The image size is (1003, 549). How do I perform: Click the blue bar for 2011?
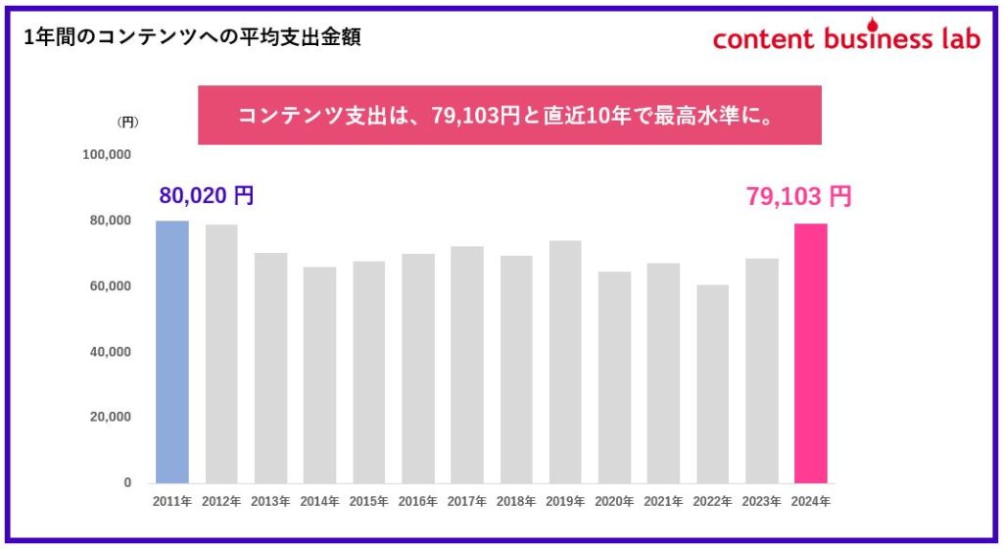pyautogui.click(x=172, y=352)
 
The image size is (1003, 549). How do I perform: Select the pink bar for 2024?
pyautogui.click(x=811, y=353)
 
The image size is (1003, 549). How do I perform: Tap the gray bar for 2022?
pyautogui.click(x=712, y=384)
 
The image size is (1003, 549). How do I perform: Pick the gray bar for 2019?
pyautogui.click(x=565, y=362)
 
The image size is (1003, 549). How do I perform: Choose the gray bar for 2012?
pyautogui.click(x=221, y=354)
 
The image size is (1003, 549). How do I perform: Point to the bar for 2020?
pyautogui.click(x=614, y=377)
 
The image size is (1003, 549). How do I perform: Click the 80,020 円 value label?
pyautogui.click(x=207, y=195)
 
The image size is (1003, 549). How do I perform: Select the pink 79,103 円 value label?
pyautogui.click(x=799, y=196)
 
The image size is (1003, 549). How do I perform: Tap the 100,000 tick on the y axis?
pyautogui.click(x=108, y=155)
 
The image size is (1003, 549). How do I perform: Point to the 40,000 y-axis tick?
pyautogui.click(x=111, y=351)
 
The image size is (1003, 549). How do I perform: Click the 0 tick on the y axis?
pyautogui.click(x=127, y=482)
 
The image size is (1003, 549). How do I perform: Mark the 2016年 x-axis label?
pyautogui.click(x=418, y=502)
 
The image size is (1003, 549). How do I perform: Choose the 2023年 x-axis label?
pyautogui.click(x=762, y=502)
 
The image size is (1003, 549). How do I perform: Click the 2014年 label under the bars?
pyautogui.click(x=319, y=502)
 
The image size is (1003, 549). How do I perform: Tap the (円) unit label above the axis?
pyautogui.click(x=127, y=123)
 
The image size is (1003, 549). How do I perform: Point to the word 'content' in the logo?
pyautogui.click(x=764, y=38)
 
